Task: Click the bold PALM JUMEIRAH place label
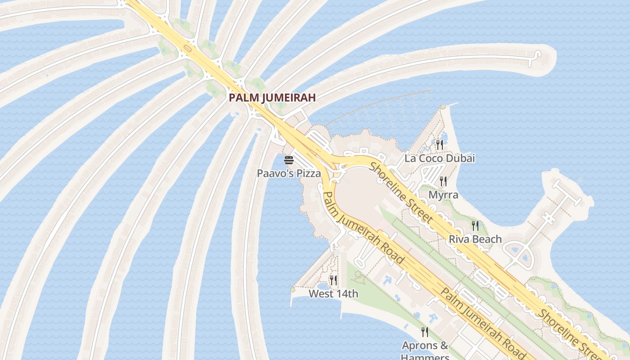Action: (x=272, y=97)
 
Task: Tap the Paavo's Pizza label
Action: (x=289, y=173)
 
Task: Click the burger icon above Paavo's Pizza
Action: (x=289, y=160)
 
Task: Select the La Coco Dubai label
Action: (x=440, y=158)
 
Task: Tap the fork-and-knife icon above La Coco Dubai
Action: (x=440, y=144)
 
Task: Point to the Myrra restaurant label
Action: (x=443, y=195)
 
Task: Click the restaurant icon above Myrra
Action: (x=443, y=181)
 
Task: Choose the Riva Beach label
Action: (x=475, y=239)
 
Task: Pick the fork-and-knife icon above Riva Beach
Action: (x=475, y=225)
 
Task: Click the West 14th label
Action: (x=333, y=294)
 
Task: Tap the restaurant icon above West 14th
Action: (x=333, y=280)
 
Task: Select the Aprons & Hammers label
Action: (x=425, y=346)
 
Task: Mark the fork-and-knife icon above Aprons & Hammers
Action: (x=425, y=332)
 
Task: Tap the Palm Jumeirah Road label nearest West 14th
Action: (x=363, y=228)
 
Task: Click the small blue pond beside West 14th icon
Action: (x=322, y=286)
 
